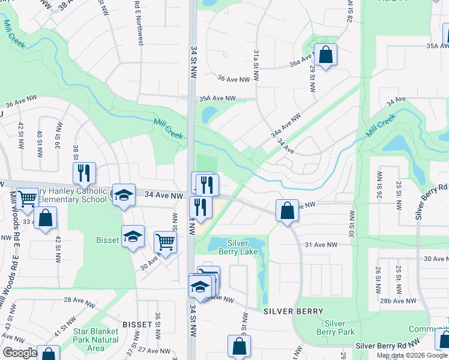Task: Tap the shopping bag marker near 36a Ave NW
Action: (325, 56)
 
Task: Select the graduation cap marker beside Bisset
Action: (133, 236)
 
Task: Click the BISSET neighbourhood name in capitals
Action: (137, 324)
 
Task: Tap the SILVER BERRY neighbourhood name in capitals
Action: (294, 311)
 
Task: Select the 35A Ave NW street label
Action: (217, 98)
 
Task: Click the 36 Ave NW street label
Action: (233, 79)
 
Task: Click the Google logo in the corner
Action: (20, 353)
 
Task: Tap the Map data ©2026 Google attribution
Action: (412, 355)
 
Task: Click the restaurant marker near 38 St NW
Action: (84, 173)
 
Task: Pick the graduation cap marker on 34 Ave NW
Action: (124, 195)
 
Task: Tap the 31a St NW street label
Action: (256, 65)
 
